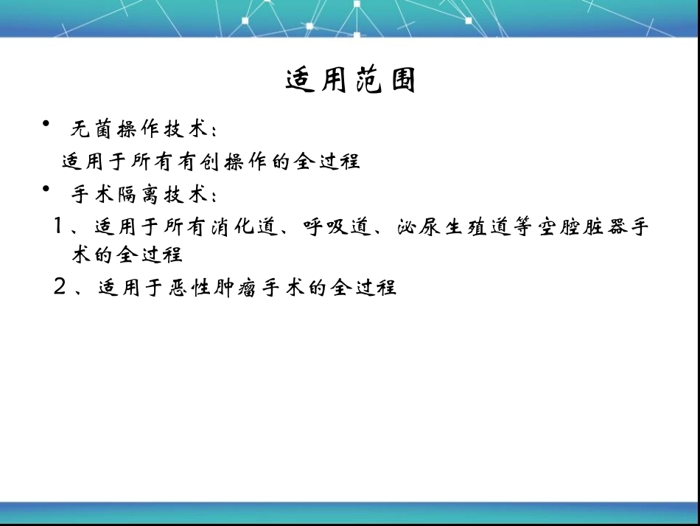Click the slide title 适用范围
351,80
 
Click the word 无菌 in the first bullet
89,128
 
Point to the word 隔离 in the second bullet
130,195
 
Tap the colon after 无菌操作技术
213,131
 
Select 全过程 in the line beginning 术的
150,255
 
